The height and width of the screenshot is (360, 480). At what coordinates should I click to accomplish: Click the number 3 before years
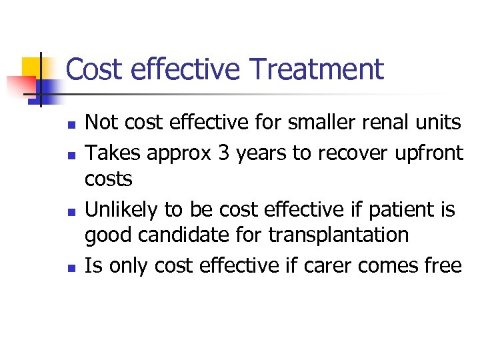point(223,153)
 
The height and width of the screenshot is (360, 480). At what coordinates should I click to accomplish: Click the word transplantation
point(339,235)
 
